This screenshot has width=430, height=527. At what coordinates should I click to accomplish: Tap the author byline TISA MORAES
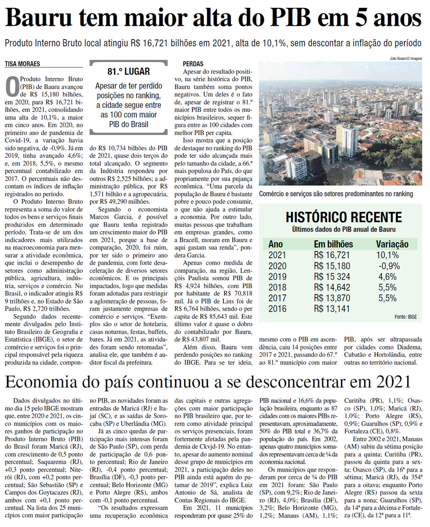[23, 64]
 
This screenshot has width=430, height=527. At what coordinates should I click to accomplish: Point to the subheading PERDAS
[193, 64]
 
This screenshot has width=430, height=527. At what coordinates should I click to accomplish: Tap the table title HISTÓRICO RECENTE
[344, 217]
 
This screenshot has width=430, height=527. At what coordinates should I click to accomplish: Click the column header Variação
[392, 244]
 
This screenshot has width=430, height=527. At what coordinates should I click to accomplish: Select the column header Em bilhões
[333, 244]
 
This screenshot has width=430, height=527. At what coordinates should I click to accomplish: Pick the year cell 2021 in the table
[278, 255]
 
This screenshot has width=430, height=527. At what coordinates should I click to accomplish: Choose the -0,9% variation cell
[388, 266]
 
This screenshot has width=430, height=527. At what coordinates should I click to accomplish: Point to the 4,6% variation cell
[387, 277]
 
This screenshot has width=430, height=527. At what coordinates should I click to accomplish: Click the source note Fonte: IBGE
[406, 317]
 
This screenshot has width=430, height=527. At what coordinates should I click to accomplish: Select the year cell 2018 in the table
[278, 288]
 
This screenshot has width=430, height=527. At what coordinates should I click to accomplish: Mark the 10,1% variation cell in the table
[388, 255]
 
